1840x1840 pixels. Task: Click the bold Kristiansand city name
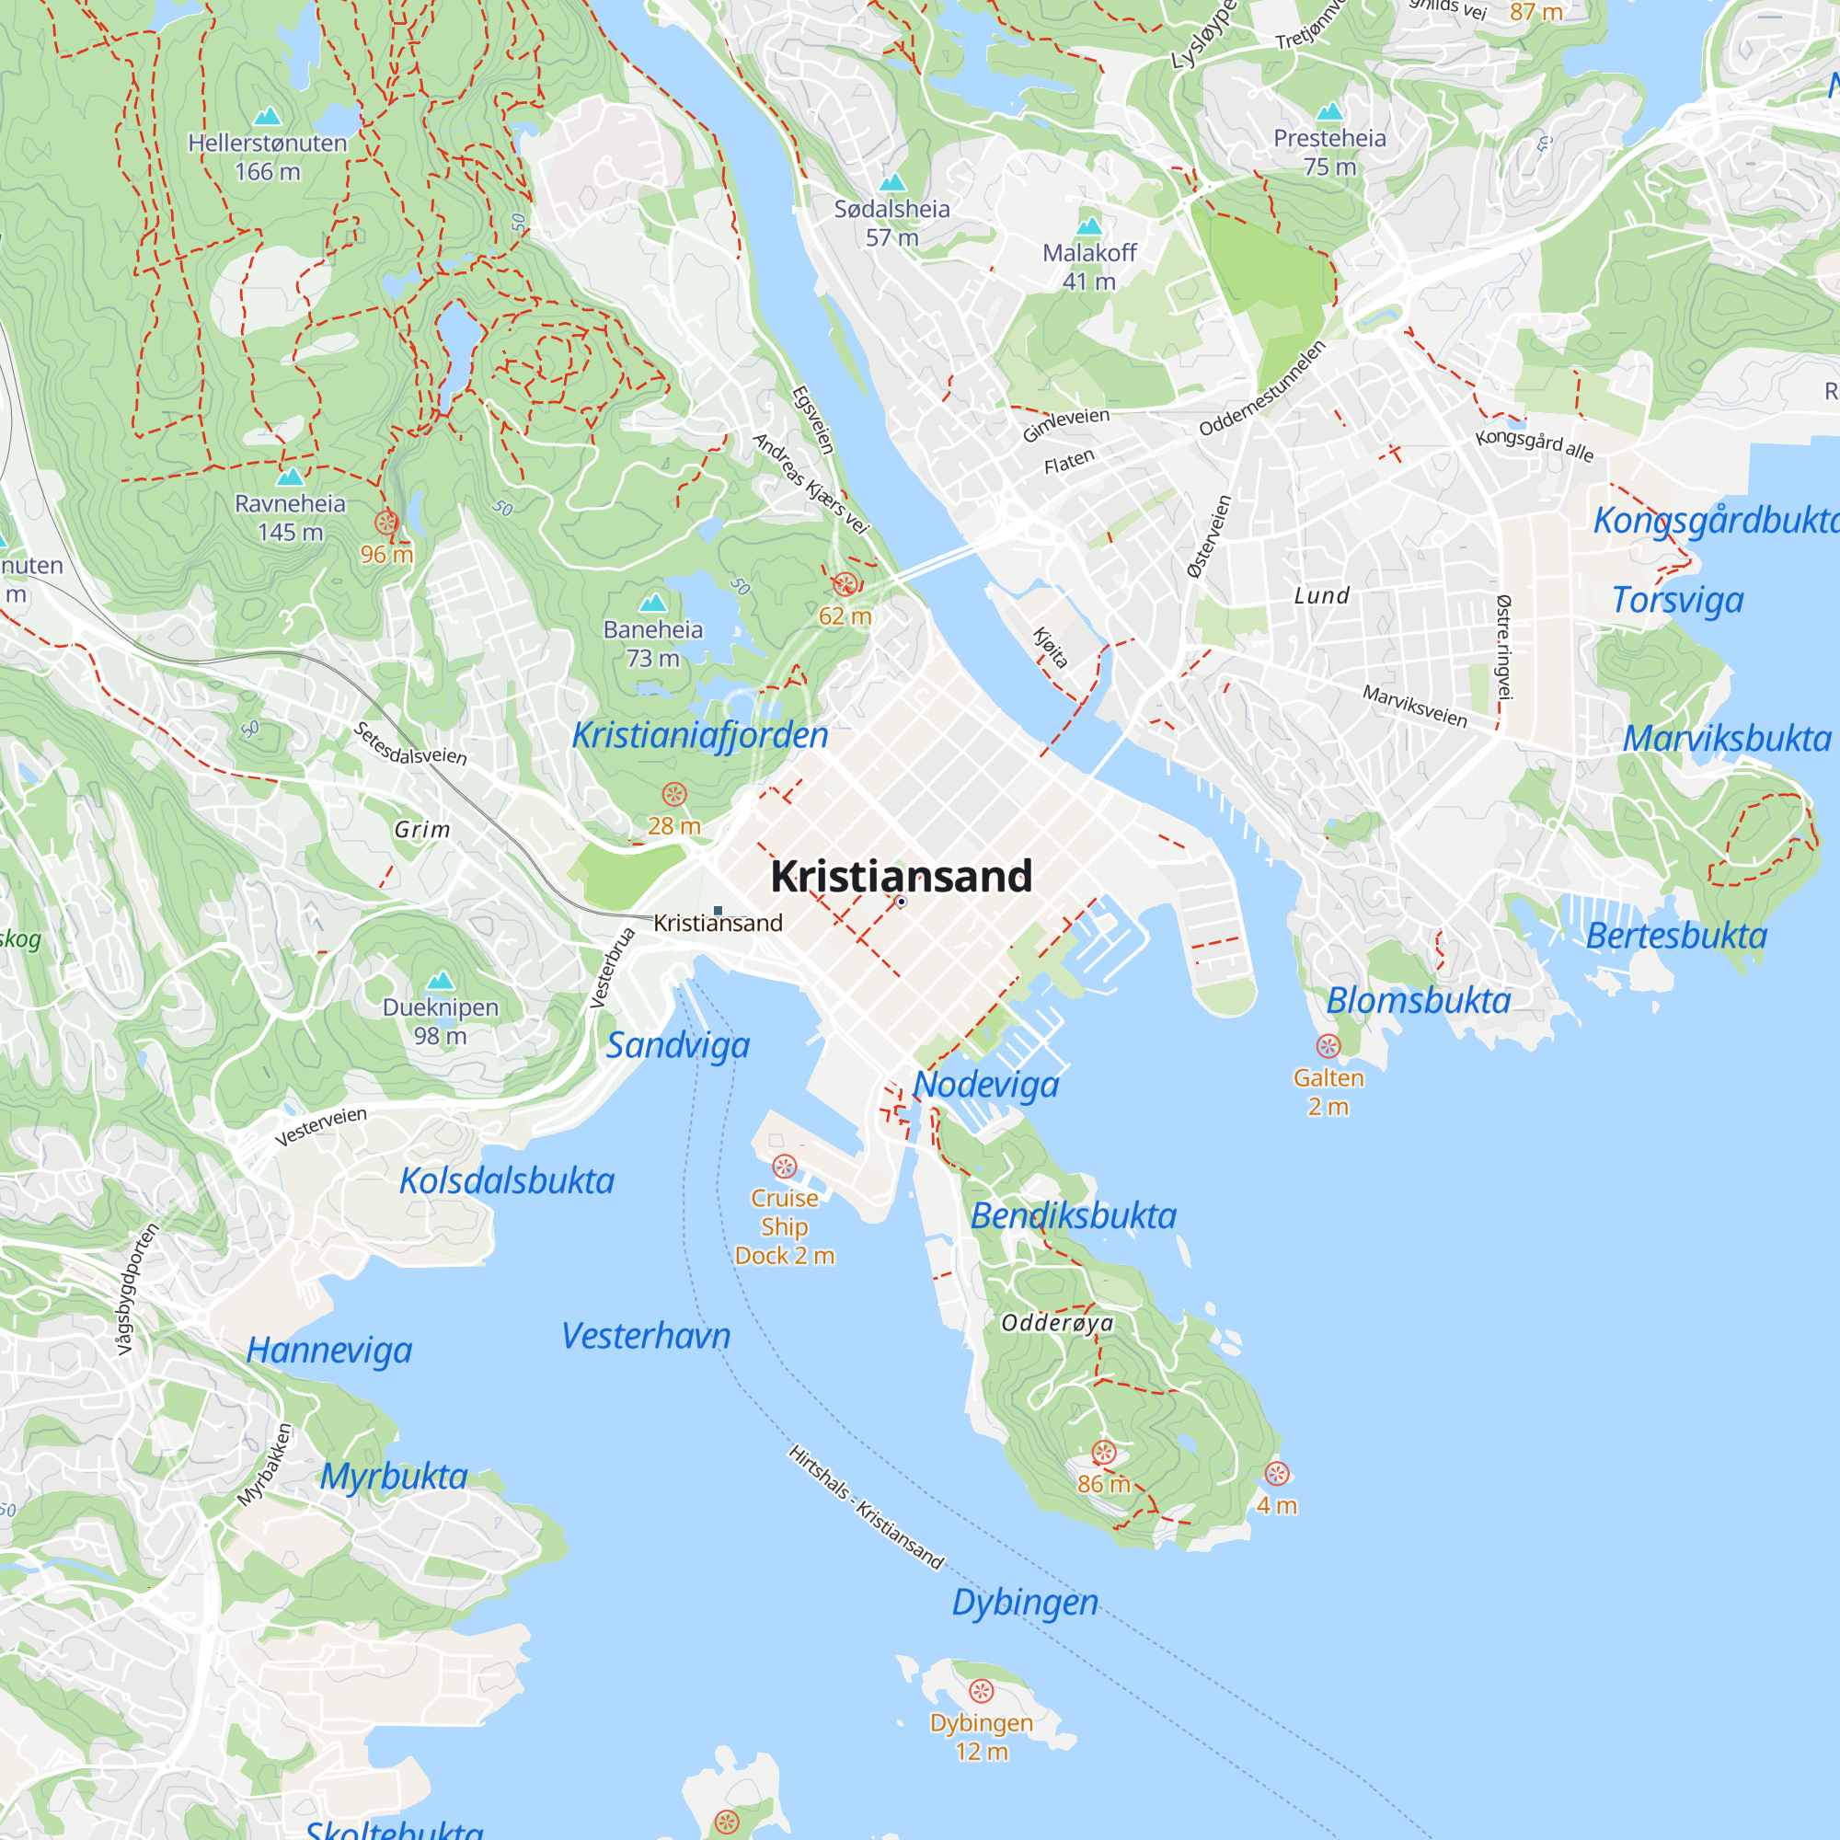coord(901,876)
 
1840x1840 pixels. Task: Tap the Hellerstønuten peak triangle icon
coord(268,116)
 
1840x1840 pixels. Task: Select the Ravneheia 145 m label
coord(291,517)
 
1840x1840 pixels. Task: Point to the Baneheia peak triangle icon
coord(652,603)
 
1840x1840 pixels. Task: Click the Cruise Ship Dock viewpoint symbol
coord(784,1167)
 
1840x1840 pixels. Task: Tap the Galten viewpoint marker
coord(1328,1047)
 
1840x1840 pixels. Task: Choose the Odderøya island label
coord(1057,1323)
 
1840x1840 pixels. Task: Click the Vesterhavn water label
coord(646,1336)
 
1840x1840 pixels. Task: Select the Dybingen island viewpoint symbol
coord(981,1692)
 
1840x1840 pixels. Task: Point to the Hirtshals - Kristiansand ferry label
coord(866,1507)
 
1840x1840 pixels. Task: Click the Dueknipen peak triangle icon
coord(440,981)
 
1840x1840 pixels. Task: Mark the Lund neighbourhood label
coord(1321,596)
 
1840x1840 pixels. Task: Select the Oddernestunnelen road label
coord(1262,388)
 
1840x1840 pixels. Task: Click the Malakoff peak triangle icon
coord(1088,226)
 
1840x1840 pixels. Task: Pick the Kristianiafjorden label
coord(700,735)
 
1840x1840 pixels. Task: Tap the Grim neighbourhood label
coord(422,830)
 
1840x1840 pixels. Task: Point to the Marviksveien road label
coord(1414,707)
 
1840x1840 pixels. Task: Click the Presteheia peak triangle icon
coord(1329,112)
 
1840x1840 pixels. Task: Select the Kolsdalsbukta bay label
coord(507,1181)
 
